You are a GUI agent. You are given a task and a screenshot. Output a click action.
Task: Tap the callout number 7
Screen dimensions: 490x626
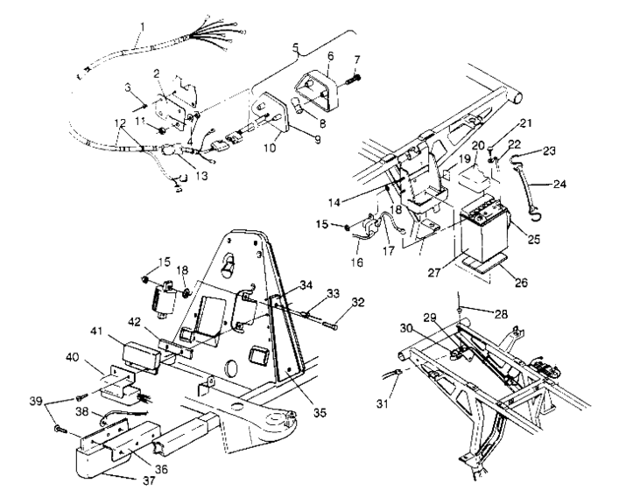pos(357,59)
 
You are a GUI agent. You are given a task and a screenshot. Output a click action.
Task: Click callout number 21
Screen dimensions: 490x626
pos(525,123)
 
